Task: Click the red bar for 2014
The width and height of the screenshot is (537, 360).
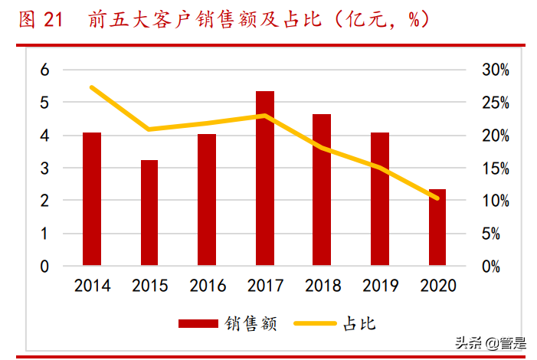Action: point(92,199)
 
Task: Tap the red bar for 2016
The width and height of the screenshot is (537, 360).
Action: point(207,200)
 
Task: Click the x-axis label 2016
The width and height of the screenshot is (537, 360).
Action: point(207,286)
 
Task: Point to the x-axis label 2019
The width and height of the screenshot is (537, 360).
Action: point(379,286)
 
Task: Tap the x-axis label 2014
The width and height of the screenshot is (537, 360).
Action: point(92,286)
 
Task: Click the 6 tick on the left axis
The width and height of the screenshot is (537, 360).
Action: point(44,70)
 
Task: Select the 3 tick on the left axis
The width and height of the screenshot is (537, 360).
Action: point(44,168)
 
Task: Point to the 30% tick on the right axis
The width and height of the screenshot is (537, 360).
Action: point(494,70)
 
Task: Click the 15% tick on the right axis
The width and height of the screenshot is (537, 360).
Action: point(494,168)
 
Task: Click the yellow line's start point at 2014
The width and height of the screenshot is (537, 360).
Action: point(92,87)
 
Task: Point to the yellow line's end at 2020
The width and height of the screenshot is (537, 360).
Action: point(437,198)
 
